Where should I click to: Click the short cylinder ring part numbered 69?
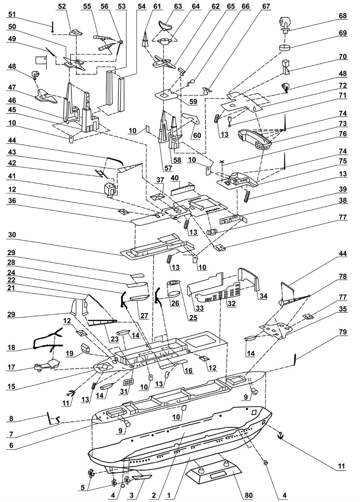pos(284,47)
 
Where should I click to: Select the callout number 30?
pos(12,235)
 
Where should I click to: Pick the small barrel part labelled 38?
pos(211,232)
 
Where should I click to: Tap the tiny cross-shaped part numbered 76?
pos(222,162)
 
